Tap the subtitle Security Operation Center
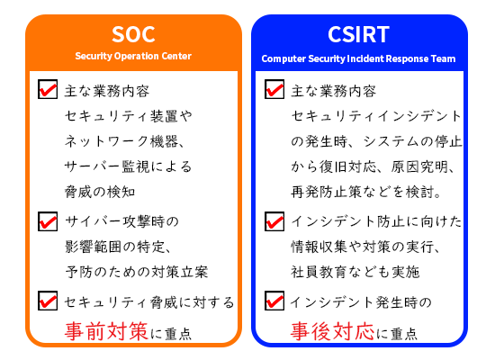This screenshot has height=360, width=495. (133, 57)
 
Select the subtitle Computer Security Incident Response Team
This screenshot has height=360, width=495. (359, 58)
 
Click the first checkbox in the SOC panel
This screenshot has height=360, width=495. (48, 90)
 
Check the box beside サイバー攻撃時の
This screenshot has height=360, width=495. (48, 220)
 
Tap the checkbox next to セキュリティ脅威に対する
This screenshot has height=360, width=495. (48, 301)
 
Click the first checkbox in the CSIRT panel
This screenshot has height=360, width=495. (274, 90)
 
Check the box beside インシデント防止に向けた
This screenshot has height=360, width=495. (274, 220)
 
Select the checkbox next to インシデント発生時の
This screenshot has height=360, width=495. (274, 301)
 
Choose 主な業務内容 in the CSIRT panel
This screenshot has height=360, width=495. (334, 92)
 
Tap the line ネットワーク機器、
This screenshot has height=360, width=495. (124, 141)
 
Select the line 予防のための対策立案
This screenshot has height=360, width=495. (136, 271)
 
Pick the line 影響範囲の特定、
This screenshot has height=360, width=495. (118, 246)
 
